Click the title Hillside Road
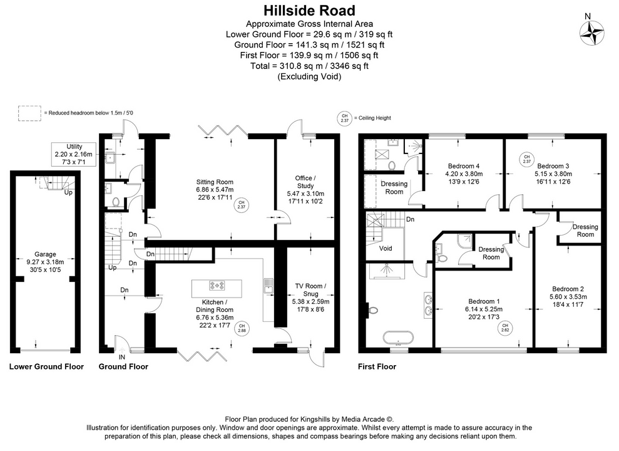(x=309, y=11)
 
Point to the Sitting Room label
(x=214, y=181)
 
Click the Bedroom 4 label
(x=463, y=166)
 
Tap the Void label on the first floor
(x=386, y=249)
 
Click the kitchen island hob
(x=218, y=286)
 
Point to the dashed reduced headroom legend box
(x=29, y=113)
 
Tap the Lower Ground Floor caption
(x=46, y=366)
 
